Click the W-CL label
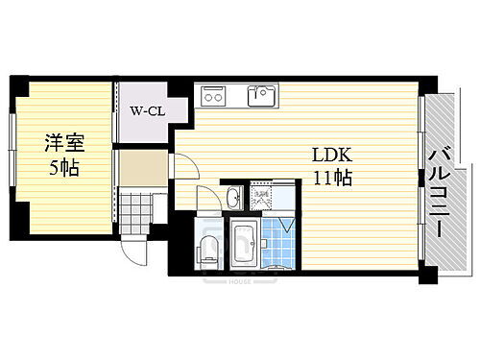pos(146,109)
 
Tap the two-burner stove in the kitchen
pos(212,96)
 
